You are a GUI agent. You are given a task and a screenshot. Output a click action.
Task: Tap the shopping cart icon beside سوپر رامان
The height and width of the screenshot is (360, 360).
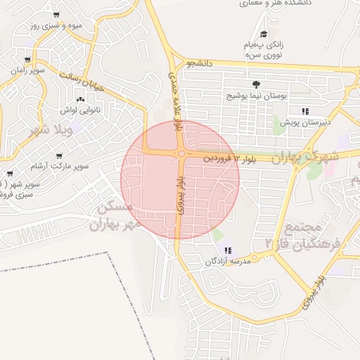(27, 60)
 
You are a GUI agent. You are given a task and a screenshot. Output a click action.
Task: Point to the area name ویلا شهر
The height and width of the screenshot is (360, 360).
(49, 130)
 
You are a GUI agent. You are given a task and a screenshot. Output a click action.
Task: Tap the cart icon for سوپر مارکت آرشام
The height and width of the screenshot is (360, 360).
(58, 156)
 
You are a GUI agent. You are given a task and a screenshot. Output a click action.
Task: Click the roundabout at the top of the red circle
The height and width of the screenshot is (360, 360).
(181, 153)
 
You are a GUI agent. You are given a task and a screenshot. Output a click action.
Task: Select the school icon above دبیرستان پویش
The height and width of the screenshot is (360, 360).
(304, 111)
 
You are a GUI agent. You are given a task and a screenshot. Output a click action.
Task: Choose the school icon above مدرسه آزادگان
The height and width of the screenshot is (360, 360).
(227, 250)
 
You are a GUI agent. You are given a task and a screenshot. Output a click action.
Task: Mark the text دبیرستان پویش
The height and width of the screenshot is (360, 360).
(304, 122)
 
